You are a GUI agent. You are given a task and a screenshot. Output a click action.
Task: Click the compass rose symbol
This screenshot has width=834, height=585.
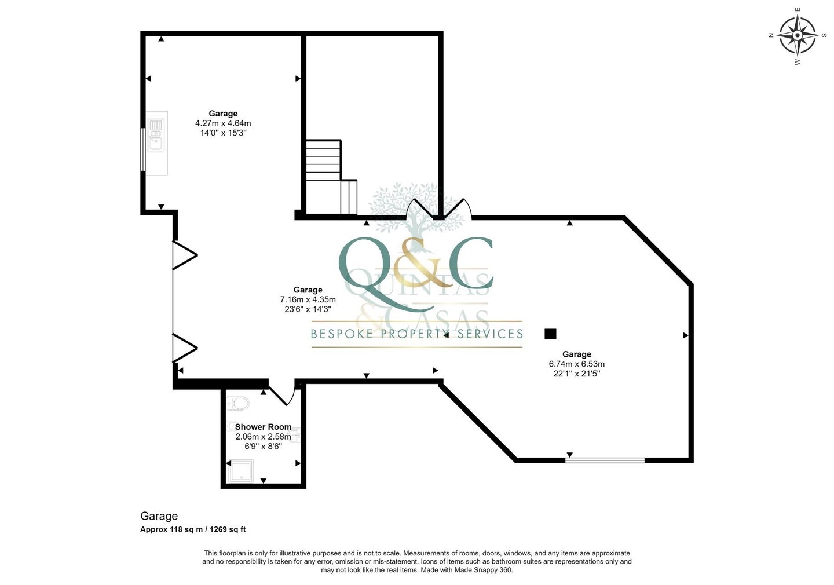[x=797, y=35]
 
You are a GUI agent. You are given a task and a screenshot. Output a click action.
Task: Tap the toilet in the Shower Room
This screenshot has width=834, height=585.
[x=238, y=403]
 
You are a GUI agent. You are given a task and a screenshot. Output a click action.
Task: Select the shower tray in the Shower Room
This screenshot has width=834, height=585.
[x=240, y=471]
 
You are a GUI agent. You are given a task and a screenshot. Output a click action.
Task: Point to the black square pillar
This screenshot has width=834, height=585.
[x=550, y=334]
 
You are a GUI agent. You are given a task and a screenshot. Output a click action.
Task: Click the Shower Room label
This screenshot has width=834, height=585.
[x=263, y=427]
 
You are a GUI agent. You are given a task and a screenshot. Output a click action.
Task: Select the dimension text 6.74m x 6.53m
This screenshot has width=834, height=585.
[x=577, y=364]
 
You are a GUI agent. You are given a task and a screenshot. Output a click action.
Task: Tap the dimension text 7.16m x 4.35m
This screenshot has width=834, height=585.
[x=308, y=299]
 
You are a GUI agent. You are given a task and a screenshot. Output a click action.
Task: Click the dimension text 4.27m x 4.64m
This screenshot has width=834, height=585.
[x=223, y=123]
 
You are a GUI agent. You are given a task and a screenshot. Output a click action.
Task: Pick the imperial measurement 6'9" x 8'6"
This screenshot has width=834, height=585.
[x=263, y=446]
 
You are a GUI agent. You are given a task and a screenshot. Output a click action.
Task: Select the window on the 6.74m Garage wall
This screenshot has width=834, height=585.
[x=605, y=460]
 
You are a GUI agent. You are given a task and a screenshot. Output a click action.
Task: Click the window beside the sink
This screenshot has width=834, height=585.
[x=142, y=149]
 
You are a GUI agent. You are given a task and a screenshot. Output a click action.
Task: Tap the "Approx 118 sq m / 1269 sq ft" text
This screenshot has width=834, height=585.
[x=193, y=529]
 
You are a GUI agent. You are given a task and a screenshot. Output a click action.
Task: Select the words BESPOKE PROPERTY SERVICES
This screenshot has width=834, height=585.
[x=417, y=334]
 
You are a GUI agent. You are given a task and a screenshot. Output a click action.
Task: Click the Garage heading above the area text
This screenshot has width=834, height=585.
[x=159, y=516]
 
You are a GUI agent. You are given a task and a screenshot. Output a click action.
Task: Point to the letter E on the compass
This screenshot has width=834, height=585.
[x=797, y=9]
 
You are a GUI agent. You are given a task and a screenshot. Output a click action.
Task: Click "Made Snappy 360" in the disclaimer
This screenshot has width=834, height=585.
[x=482, y=570]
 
